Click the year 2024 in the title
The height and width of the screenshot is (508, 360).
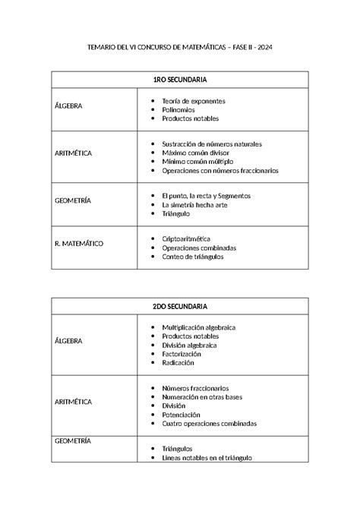click(x=263, y=48)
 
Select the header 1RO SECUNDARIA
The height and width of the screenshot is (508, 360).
click(x=179, y=80)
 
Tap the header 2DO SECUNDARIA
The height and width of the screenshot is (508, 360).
click(x=179, y=306)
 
